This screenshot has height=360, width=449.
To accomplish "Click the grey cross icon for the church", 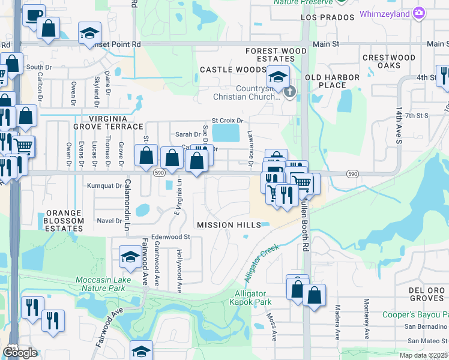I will tap(289, 92).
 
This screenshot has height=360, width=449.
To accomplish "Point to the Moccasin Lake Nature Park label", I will tap(100, 284).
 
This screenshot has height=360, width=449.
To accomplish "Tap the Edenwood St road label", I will tap(170, 237).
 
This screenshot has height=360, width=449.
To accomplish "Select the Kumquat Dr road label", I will tap(104, 186).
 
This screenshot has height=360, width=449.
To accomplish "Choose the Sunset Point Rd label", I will tap(118, 44).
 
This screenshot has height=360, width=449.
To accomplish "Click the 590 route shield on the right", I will tap(354, 173).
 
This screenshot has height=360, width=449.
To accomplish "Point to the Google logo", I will tap(20, 353).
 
